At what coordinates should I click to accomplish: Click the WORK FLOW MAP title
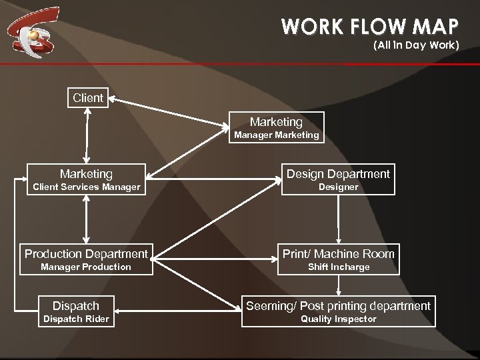coord(370,27)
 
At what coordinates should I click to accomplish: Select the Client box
coord(88,98)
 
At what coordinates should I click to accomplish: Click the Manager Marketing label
coord(276,135)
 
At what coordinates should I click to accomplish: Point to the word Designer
coord(338,187)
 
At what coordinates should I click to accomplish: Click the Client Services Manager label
coord(87,187)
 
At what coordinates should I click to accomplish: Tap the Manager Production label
coord(86,267)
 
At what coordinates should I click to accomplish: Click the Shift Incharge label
coord(338,267)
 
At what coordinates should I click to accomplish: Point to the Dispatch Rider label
coord(76,319)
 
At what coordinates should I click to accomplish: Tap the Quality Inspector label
coord(338,319)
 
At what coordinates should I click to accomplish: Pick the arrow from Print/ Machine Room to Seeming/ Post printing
coord(340,285)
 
